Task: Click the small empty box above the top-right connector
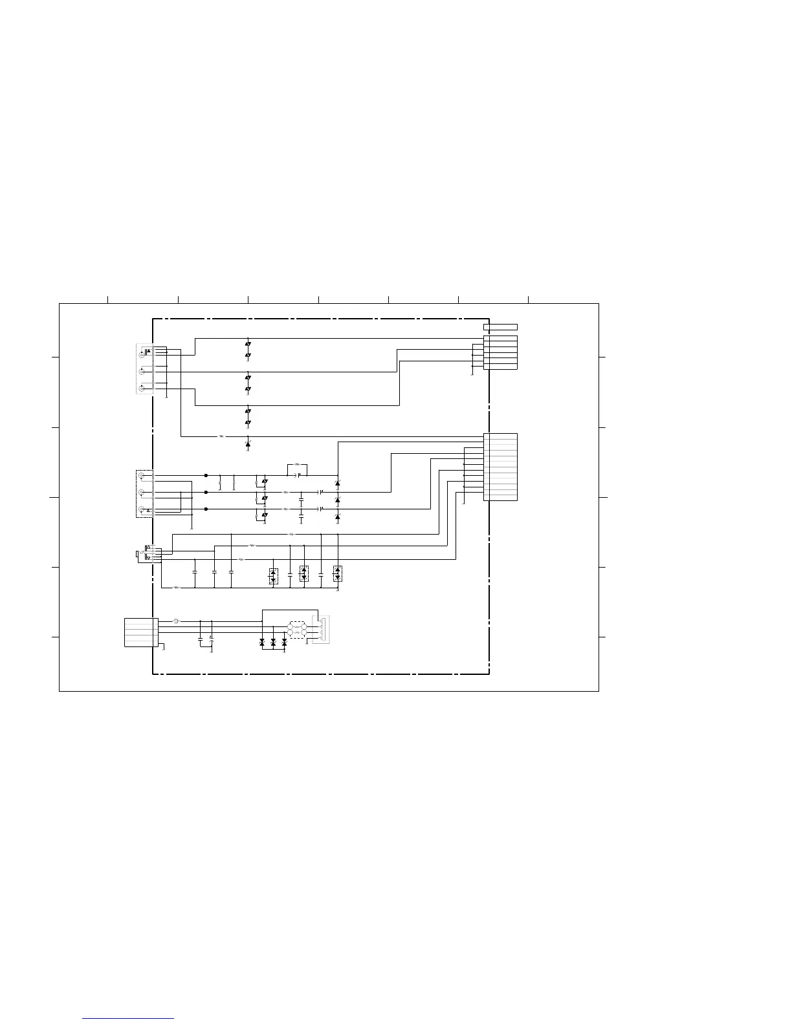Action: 500,327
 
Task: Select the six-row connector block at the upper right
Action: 500,352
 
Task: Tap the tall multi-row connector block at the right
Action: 500,467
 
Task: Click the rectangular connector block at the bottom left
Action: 141,632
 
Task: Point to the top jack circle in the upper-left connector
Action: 142,355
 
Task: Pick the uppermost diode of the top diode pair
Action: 248,344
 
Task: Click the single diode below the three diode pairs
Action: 248,445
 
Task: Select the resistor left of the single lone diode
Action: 221,436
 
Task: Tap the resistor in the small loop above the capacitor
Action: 297,464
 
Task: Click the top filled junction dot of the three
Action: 206,476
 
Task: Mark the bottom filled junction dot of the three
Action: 206,509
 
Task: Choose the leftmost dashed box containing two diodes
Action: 273,576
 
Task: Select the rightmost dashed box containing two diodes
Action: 337,573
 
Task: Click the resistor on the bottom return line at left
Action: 177,588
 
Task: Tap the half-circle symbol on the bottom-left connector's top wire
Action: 176,621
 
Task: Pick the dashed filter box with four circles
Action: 298,630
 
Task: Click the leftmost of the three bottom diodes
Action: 262,643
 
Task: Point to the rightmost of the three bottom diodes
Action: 284,643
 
